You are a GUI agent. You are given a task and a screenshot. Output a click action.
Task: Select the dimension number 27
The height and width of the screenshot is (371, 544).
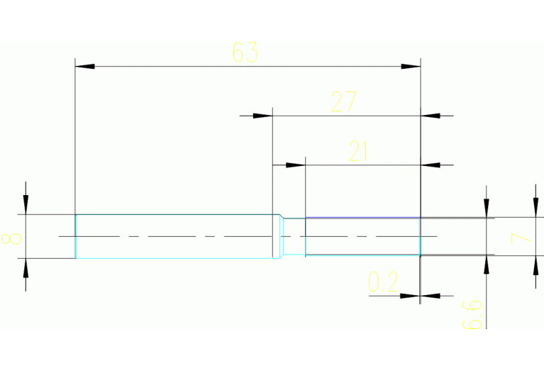click(x=343, y=103)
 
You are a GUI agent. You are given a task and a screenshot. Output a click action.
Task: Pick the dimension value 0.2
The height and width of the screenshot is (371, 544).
click(x=383, y=284)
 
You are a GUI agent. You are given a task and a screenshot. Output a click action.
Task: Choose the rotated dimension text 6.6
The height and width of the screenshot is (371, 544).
click(x=474, y=314)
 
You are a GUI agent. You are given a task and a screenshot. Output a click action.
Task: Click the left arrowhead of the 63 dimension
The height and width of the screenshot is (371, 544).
click(x=84, y=67)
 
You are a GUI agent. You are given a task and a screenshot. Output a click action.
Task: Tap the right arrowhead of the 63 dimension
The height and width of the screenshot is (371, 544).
click(x=411, y=67)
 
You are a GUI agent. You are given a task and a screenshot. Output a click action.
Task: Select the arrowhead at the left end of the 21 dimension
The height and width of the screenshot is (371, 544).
click(x=296, y=165)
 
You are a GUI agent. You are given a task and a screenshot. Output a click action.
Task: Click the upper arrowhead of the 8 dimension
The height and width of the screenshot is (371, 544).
click(x=26, y=205)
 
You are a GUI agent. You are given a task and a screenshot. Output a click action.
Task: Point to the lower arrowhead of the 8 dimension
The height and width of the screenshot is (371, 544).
click(x=26, y=267)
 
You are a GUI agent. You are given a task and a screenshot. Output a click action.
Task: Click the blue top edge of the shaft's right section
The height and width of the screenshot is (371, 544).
click(x=362, y=217)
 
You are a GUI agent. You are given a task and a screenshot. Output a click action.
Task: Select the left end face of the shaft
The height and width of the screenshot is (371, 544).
click(x=76, y=236)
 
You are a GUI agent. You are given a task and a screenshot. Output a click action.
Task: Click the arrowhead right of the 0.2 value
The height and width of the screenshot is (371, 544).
click(x=430, y=295)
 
